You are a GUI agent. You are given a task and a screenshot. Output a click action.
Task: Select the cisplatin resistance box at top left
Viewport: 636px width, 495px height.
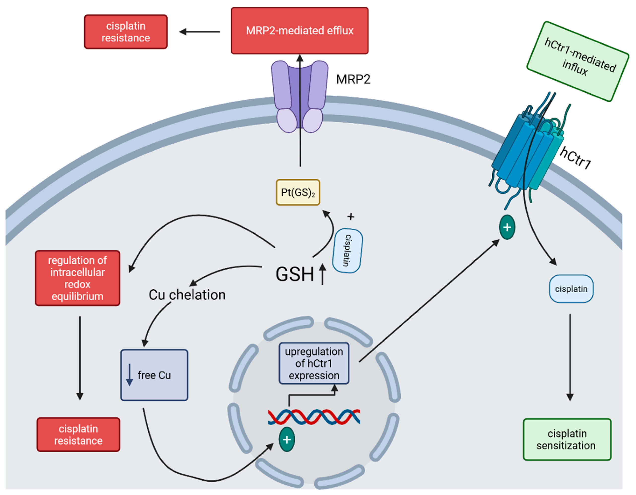[126, 32]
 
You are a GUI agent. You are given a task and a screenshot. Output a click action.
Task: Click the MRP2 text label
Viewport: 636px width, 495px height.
[353, 79]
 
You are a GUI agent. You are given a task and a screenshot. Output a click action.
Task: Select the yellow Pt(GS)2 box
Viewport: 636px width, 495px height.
[298, 192]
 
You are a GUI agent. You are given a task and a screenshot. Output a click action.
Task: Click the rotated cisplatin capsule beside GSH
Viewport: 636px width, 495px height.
[347, 250]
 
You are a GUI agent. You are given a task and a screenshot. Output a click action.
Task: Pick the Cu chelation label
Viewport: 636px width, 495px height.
[187, 295]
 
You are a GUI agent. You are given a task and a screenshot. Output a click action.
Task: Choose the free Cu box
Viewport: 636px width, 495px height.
[154, 375]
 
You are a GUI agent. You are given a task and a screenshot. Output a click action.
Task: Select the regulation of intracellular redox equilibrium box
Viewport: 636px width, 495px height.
[77, 278]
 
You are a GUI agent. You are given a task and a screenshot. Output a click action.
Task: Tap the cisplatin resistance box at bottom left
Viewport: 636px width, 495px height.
[78, 435]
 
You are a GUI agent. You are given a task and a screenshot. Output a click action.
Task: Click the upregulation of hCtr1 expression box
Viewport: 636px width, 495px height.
[314, 363]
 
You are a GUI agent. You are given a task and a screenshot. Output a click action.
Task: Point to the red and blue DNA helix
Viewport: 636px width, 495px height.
[314, 417]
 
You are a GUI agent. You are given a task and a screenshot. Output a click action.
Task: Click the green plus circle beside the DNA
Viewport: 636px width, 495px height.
[287, 440]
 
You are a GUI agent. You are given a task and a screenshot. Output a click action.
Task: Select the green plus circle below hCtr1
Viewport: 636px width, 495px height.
[507, 227]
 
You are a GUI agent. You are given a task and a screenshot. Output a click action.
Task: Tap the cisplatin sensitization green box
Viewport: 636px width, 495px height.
[567, 440]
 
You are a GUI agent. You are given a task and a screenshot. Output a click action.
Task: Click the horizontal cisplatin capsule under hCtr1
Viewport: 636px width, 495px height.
[571, 289]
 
